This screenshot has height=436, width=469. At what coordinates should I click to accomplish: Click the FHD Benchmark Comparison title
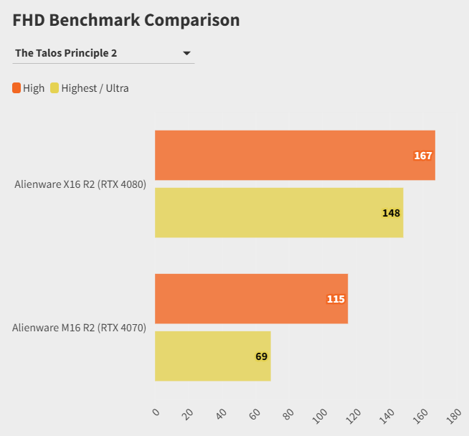point(126,20)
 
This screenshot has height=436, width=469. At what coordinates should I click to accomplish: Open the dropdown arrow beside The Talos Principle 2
point(186,53)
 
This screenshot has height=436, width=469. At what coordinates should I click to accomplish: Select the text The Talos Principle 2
point(66,53)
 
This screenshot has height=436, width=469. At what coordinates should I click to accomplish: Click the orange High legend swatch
point(16,88)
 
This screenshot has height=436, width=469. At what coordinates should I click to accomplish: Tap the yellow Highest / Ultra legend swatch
point(55,88)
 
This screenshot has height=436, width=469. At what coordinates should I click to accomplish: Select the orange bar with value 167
point(295,155)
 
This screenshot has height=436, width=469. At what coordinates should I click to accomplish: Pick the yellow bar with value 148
point(279,212)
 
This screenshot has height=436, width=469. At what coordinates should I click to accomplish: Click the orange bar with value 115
point(251,298)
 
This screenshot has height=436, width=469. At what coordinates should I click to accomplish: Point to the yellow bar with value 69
point(212,356)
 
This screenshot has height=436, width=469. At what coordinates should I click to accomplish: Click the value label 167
point(423,156)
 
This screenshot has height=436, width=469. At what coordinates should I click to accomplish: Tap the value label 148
point(391,213)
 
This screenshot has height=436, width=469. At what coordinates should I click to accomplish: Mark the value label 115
point(336,299)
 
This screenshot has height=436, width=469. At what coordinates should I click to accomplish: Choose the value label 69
point(261,356)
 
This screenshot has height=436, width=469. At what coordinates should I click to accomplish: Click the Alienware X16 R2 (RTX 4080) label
point(80,184)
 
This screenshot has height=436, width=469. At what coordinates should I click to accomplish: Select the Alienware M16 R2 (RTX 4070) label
point(79,328)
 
